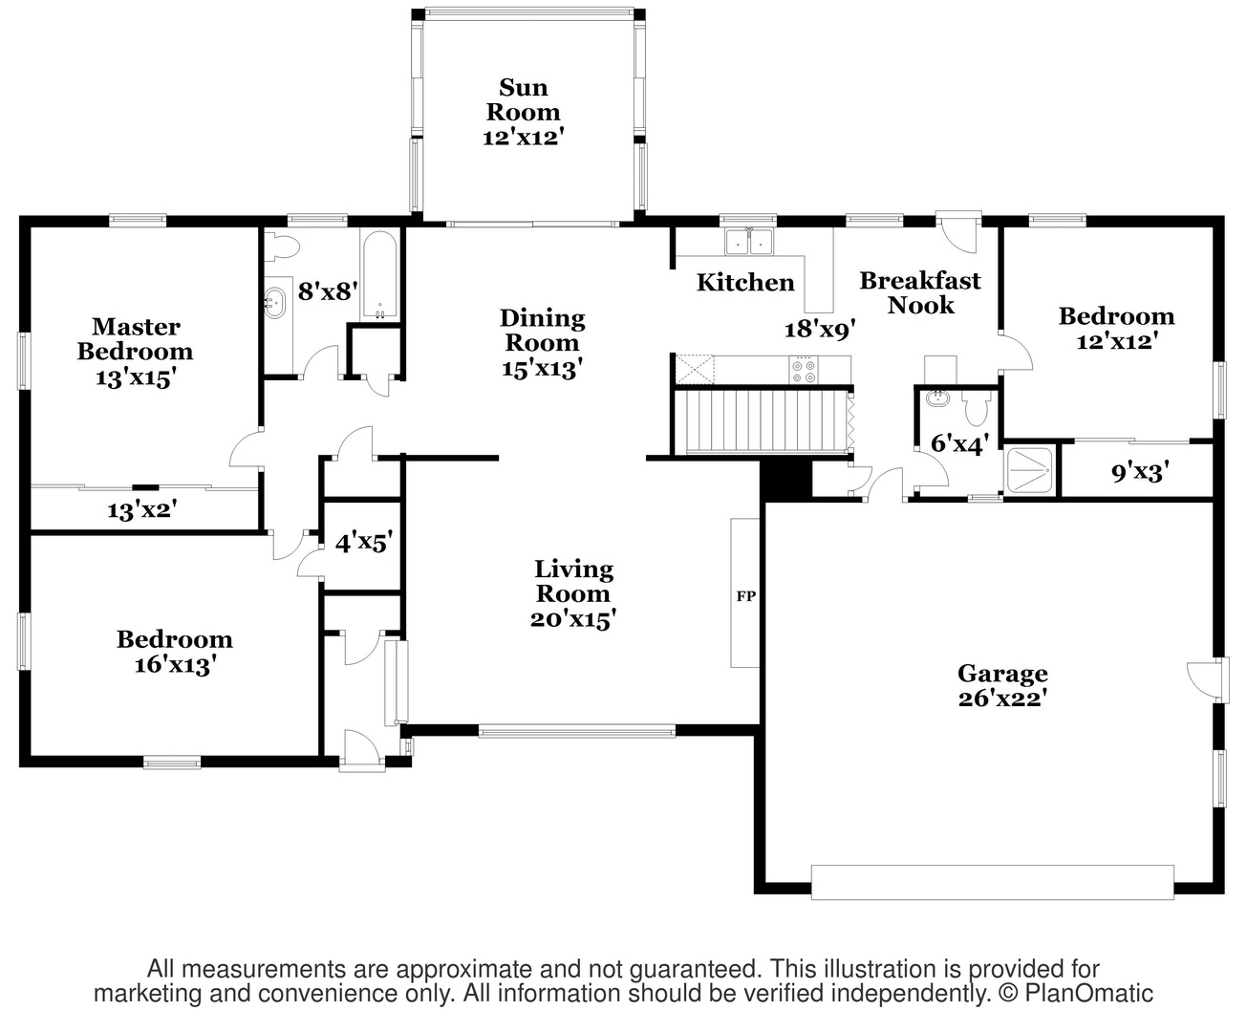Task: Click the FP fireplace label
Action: (746, 595)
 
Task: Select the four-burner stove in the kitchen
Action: (804, 370)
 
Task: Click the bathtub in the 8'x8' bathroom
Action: (379, 275)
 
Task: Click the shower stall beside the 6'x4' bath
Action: (1030, 471)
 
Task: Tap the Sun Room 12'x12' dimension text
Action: (524, 138)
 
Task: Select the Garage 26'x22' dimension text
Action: (1002, 699)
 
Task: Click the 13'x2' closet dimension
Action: (142, 510)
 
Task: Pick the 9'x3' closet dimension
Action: (1140, 473)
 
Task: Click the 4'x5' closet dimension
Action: (364, 543)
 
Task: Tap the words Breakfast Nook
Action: (920, 292)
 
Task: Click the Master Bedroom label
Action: (136, 338)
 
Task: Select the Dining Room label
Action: (543, 331)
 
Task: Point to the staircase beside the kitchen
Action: (763, 420)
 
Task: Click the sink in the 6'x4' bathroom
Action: (938, 398)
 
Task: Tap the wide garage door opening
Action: (992, 883)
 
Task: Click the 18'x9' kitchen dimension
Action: (820, 329)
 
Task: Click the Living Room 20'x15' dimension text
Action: (573, 619)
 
